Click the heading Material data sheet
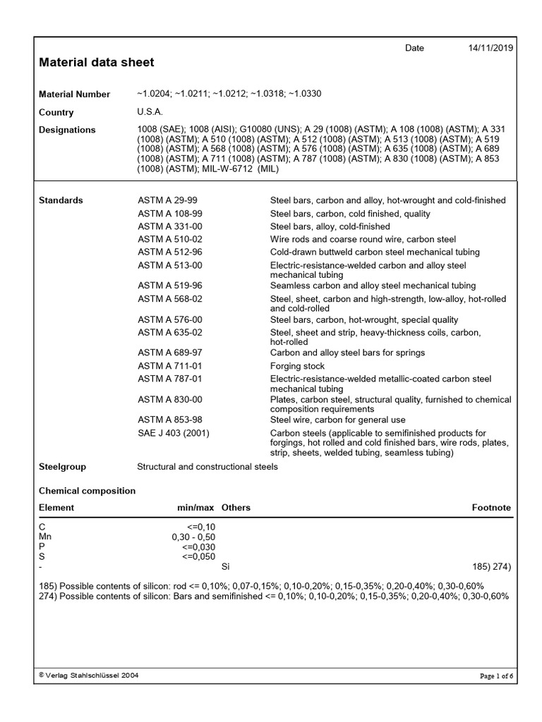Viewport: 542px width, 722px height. (96, 63)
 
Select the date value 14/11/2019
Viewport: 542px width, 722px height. (491, 48)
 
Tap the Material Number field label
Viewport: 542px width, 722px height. (74, 94)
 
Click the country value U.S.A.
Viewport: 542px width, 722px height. (150, 112)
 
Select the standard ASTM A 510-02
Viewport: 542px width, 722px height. (170, 239)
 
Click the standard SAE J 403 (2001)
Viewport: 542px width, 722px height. (174, 432)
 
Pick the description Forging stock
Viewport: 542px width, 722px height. (297, 366)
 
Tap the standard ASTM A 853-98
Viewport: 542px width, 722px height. (170, 420)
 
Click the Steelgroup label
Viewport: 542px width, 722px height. (62, 467)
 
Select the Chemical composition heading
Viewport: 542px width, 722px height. (87, 491)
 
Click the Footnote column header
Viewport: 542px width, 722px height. (491, 508)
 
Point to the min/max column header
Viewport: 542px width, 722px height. (195, 508)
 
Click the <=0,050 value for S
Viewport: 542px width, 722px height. (198, 556)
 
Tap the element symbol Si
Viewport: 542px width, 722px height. (226, 566)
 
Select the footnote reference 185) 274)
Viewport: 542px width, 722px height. (491, 566)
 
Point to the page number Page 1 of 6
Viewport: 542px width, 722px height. (496, 676)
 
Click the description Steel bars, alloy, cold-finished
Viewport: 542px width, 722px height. (330, 226)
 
